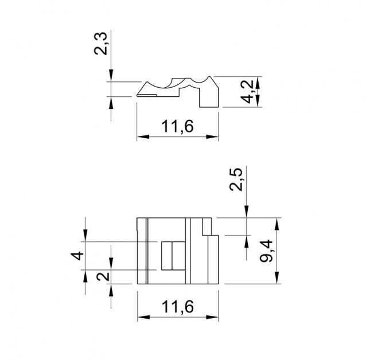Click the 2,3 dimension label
[x=100, y=44]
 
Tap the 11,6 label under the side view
[x=177, y=126]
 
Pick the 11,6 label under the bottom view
[x=177, y=307]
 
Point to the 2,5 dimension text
[x=236, y=179]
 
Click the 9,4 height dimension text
[x=266, y=251]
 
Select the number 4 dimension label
[x=77, y=256]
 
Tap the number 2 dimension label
[x=103, y=276]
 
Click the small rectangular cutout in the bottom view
[x=173, y=256]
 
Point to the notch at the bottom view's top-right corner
[x=207, y=226]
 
